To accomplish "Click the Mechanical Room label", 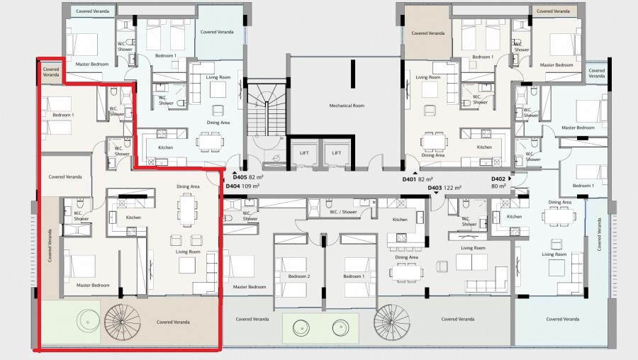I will (x=346, y=106).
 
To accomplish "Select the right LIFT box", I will (x=337, y=152).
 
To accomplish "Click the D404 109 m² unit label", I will (x=242, y=186).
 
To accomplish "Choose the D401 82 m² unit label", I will (x=418, y=179).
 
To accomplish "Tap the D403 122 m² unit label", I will (x=445, y=188).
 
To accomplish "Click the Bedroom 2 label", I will (x=299, y=276).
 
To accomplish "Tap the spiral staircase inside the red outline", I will (x=123, y=322).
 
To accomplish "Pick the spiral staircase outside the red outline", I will (x=393, y=323).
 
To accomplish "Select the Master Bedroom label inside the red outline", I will (x=93, y=285).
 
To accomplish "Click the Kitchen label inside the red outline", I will (x=133, y=217).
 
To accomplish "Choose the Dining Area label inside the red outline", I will (x=188, y=186).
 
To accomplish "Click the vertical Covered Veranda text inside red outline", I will (x=50, y=245).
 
